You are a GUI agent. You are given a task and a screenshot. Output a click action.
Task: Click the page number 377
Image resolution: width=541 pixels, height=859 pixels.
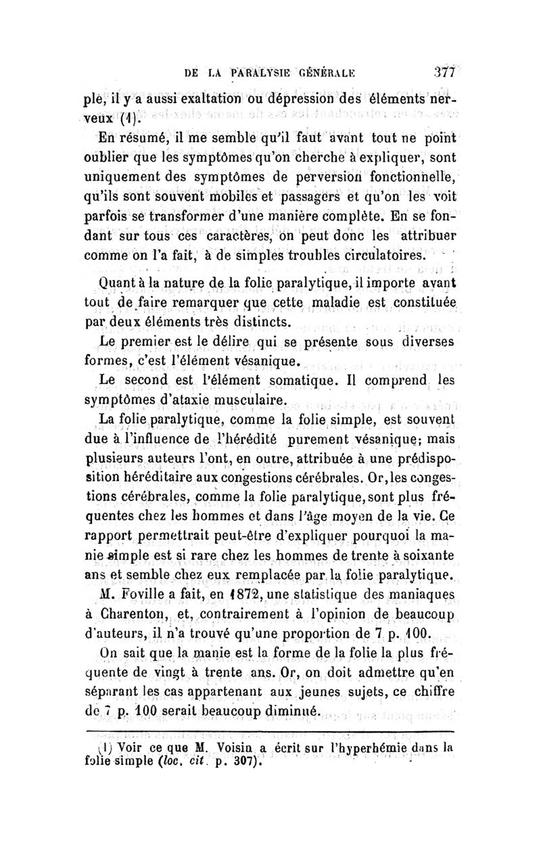point(444,72)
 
